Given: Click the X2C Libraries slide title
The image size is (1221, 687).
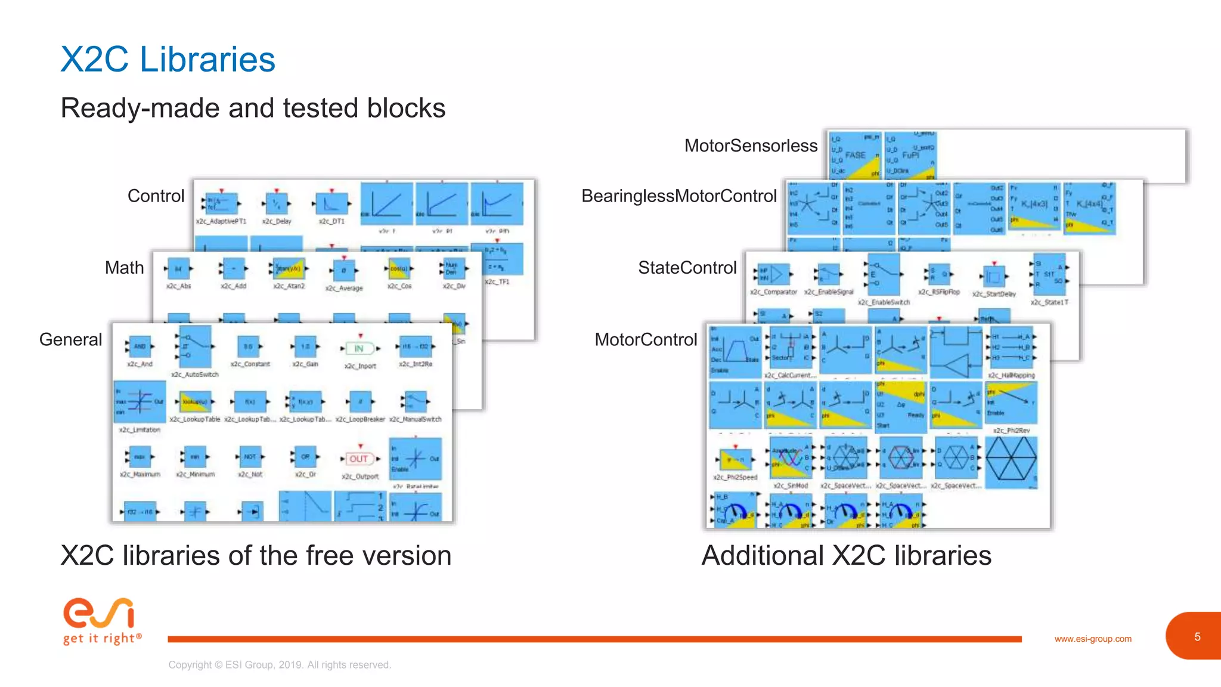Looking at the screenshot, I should point(168,60).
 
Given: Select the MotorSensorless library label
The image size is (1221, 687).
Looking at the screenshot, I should point(751,146).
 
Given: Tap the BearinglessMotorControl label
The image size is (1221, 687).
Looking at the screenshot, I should point(678,196).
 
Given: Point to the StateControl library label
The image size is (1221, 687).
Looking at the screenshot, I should point(687,268).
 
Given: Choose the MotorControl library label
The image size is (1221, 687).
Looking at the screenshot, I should point(646,340).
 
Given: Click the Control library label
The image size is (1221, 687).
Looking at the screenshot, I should point(156,196).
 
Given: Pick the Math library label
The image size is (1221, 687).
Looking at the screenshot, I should point(124,268).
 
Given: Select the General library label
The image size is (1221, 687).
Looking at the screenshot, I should point(70,340).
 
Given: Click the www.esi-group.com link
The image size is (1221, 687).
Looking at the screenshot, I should point(1092,639).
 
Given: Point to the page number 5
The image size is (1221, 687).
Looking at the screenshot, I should point(1197,637).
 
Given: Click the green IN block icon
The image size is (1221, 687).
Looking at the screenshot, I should point(360,348).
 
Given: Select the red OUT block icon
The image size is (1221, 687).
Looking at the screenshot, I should point(359,459).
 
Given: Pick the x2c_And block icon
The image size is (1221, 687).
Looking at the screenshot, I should point(140,346).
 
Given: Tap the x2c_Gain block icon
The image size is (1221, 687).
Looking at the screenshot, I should point(305,346).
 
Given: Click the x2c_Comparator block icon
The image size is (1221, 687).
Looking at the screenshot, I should point(773,274).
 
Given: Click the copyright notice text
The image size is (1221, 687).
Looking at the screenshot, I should point(280,665).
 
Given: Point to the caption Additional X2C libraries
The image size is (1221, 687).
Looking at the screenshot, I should point(846,556).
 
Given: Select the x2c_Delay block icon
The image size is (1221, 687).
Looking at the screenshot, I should point(276,204).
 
